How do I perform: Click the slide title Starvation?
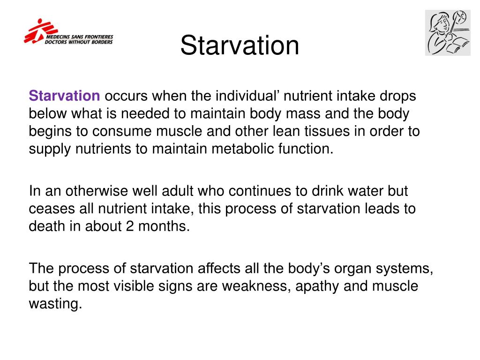(x=240, y=46)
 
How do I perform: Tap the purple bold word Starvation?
(x=65, y=96)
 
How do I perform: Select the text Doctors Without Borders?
(x=79, y=41)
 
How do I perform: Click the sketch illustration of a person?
(x=447, y=33)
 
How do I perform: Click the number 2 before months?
(x=130, y=226)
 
